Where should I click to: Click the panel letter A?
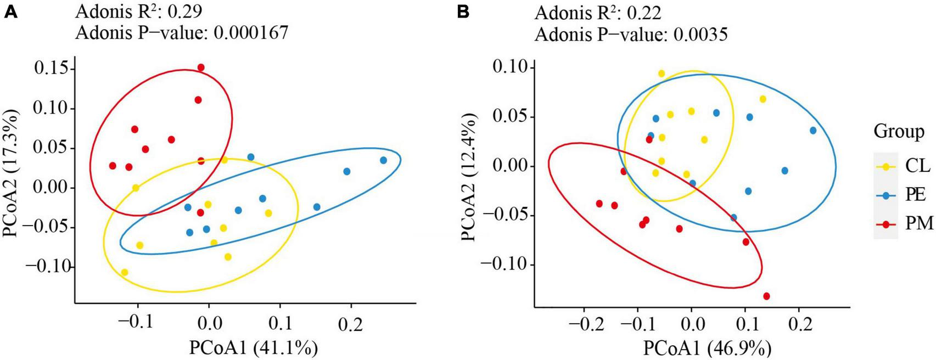pos(11,12)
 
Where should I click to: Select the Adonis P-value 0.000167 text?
pos(181,33)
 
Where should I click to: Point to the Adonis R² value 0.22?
pos(598,12)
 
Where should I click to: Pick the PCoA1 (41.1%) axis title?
pos(254,348)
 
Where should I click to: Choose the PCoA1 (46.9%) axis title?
pos(708,348)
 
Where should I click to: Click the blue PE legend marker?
pos(885,194)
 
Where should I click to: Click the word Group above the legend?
pos(899,132)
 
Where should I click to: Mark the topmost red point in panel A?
pos(201,67)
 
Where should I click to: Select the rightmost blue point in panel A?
pos(383,160)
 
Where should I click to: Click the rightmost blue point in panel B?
pos(813,131)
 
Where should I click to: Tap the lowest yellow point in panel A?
pos(125,272)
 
